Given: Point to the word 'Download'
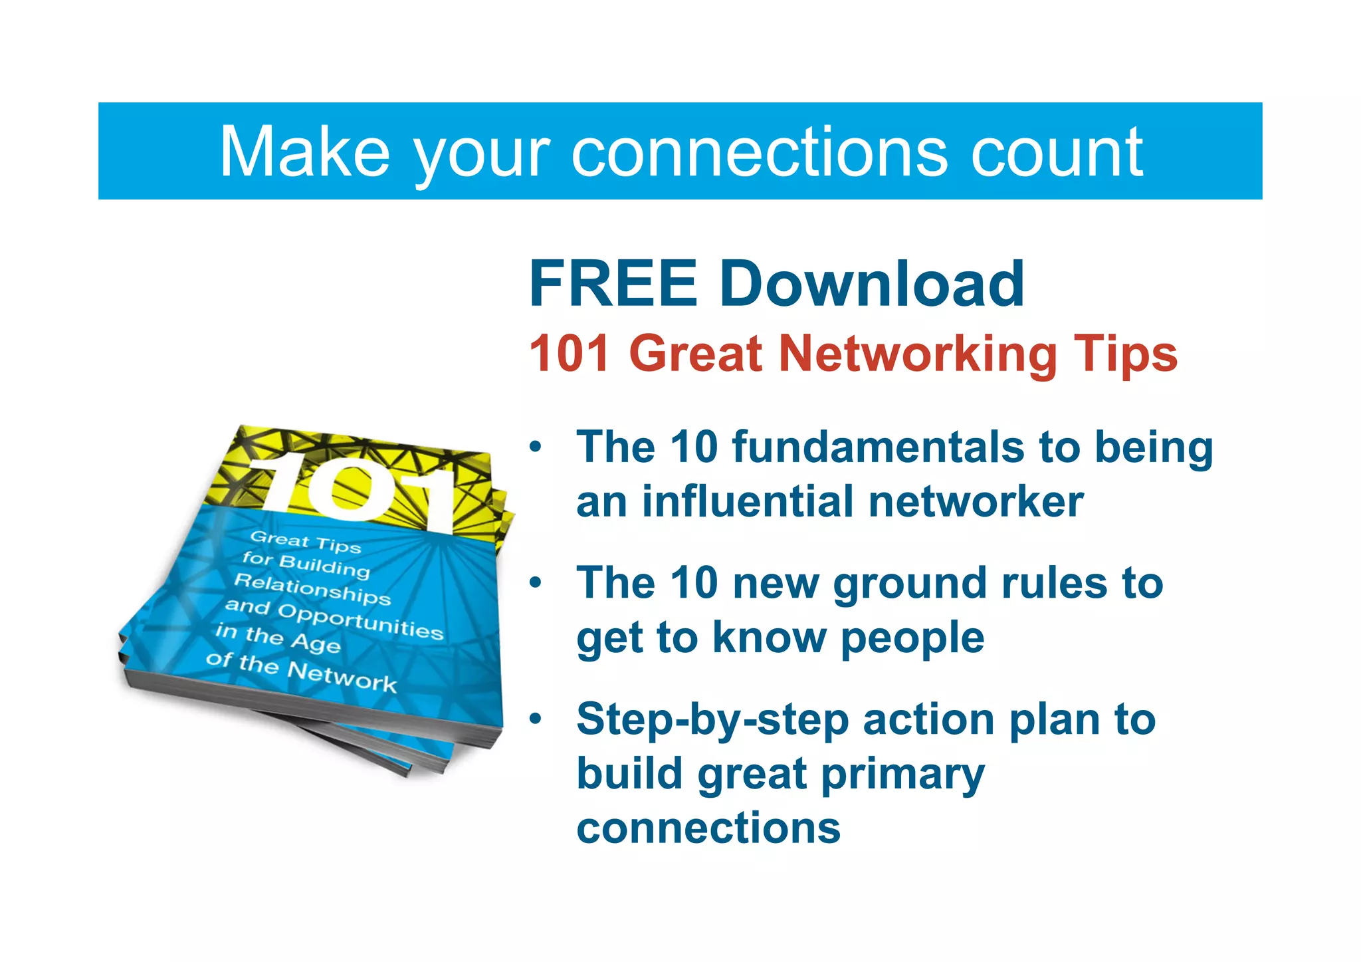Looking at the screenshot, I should (872, 284).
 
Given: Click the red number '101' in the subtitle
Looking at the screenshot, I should (570, 354).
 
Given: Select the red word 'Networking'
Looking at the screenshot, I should (918, 354).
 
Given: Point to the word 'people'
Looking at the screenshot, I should (912, 638).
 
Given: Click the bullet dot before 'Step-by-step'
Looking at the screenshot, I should (536, 719).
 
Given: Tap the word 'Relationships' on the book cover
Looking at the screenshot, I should (312, 589).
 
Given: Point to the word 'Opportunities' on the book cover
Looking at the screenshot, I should (360, 621).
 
